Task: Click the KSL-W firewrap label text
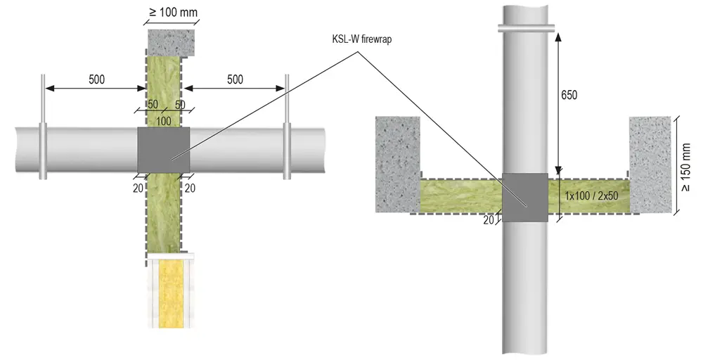coord(362,39)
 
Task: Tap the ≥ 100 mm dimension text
coord(173,12)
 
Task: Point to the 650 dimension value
coord(569,95)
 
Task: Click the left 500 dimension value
coord(96,79)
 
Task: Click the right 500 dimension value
coord(235,79)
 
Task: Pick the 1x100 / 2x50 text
coord(591,196)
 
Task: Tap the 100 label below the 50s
coord(164,121)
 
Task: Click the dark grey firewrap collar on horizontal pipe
coord(163,150)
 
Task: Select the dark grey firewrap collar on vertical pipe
coord(524,198)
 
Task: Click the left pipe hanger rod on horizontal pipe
coord(42,127)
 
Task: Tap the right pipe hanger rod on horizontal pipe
coord(287,127)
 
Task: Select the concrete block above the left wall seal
coord(172,43)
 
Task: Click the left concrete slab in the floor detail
coord(398,164)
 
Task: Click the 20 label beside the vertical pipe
coord(489,220)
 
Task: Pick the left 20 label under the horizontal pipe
coord(138,188)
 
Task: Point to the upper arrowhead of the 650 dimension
coord(557,37)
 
